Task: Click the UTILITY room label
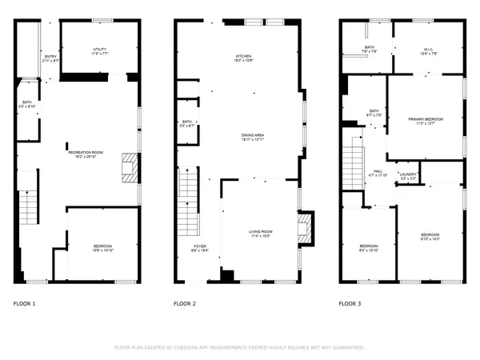pyautogui.click(x=99, y=50)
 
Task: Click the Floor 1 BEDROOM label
pyautogui.click(x=102, y=246)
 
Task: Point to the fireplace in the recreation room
pyautogui.click(x=128, y=169)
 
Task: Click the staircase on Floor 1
pyautogui.click(x=27, y=209)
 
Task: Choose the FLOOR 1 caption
pyautogui.click(x=25, y=304)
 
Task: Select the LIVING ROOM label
pyautogui.click(x=260, y=231)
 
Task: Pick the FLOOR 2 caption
pyautogui.click(x=186, y=304)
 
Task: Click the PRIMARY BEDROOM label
pyautogui.click(x=426, y=118)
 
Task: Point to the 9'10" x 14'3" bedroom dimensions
pyautogui.click(x=430, y=239)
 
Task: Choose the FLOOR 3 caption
pyautogui.click(x=350, y=304)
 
